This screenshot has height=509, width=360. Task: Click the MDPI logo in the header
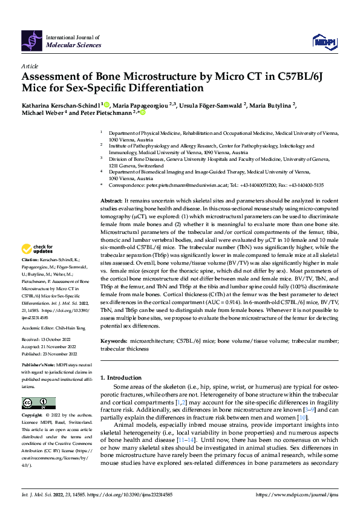coord(324,41)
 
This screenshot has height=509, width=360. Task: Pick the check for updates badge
coord(36,249)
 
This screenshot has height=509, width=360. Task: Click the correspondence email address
coord(202,185)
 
